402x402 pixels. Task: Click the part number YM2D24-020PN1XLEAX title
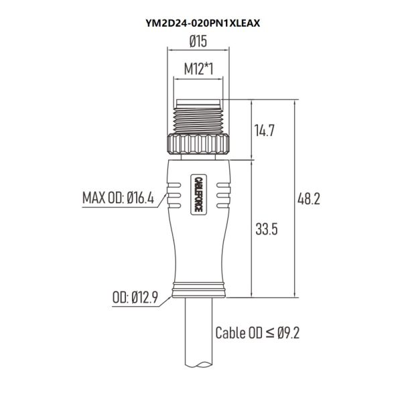click(x=203, y=23)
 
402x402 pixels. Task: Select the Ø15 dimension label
click(x=198, y=42)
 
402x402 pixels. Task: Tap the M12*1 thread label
click(x=199, y=69)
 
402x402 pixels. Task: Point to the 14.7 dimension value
click(x=265, y=130)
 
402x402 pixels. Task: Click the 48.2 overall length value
click(x=309, y=199)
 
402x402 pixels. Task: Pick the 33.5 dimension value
click(x=267, y=229)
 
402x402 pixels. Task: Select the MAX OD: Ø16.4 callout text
click(x=118, y=198)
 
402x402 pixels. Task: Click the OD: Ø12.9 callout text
click(x=135, y=297)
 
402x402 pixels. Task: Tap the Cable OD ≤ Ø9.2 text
click(x=257, y=333)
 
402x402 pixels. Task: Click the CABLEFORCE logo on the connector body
click(x=198, y=194)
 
